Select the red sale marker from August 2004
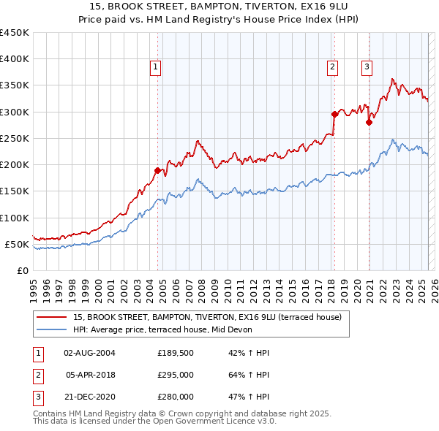157,170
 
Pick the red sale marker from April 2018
334,114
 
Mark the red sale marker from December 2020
369,122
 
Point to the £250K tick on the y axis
15,138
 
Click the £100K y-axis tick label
15,218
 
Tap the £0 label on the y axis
22,270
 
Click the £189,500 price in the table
176,353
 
